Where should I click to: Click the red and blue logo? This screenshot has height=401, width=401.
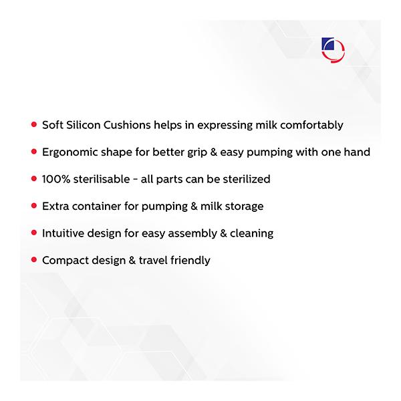[x=333, y=50]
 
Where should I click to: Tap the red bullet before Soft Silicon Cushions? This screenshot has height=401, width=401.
[x=34, y=124]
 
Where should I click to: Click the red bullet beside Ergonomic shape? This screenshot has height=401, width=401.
[x=34, y=152]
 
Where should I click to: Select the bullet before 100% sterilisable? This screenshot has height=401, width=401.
[x=34, y=178]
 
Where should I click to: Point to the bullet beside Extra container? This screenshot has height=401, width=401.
[x=34, y=206]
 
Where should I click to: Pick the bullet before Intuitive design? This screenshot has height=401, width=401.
[x=34, y=233]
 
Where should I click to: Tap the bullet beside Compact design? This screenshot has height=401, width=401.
[x=34, y=260]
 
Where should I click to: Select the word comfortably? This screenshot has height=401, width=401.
[x=311, y=126]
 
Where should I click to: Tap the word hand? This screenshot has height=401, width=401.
[x=357, y=152]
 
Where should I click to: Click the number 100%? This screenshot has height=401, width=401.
[x=56, y=179]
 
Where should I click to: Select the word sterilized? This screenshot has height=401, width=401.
[x=247, y=179]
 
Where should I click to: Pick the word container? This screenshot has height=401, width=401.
[x=96, y=206]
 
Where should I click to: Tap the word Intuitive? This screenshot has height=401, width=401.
[x=63, y=233]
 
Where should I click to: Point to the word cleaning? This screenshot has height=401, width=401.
[x=252, y=234]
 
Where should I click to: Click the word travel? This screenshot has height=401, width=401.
[x=153, y=261]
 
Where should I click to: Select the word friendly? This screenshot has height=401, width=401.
[x=190, y=261]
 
